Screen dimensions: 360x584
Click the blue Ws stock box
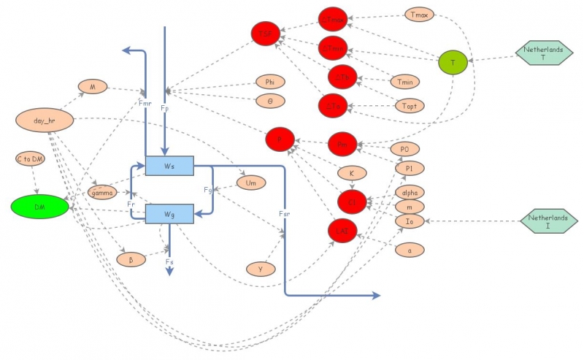[x=169, y=166]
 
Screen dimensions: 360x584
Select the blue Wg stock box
[x=169, y=213]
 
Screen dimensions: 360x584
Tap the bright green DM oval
[x=39, y=207]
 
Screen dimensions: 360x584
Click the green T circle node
[x=453, y=63]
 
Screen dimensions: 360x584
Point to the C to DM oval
[x=33, y=158]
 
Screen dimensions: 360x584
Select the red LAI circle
[x=342, y=231]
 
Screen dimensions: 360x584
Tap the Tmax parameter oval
[x=419, y=15]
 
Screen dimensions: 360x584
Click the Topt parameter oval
[x=410, y=106]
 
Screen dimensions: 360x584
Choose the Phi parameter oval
[x=270, y=82]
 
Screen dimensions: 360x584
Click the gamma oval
[x=102, y=192]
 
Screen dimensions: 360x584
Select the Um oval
[x=251, y=182]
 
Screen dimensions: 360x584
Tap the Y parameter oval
[x=261, y=269]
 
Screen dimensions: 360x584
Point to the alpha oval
[x=410, y=193]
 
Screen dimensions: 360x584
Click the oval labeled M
[x=93, y=87]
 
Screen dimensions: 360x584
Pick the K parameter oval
[x=351, y=173]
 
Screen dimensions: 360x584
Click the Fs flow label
[x=169, y=261]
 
